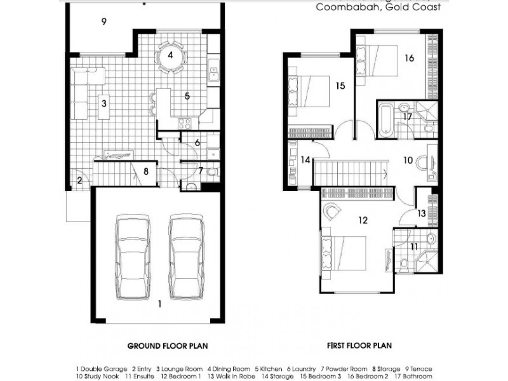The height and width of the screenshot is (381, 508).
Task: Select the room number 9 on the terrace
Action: tap(103, 21)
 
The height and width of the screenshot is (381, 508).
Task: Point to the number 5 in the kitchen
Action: tap(187, 97)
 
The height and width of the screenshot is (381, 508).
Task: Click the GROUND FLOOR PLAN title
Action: tap(168, 346)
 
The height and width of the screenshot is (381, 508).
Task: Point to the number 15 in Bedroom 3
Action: tap(340, 85)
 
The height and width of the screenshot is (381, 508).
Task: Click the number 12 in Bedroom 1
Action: tap(363, 220)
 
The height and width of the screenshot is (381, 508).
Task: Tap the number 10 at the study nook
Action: tap(409, 160)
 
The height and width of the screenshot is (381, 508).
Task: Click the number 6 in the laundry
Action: tap(197, 143)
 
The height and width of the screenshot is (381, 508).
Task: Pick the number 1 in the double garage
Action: tap(160, 304)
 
